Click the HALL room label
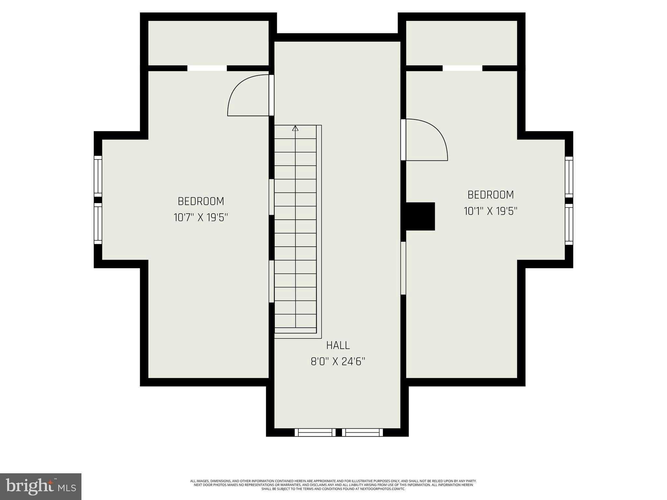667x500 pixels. [338, 345]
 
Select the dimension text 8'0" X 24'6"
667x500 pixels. [338, 362]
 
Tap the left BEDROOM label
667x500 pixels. [201, 201]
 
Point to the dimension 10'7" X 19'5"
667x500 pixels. [201, 217]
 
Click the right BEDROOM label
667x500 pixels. [490, 195]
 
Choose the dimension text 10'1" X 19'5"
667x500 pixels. [490, 211]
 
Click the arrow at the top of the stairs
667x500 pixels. [295, 128]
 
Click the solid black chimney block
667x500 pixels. [420, 216]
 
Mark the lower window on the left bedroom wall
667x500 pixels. [98, 223]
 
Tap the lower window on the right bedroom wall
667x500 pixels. [569, 224]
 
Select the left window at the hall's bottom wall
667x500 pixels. [315, 432]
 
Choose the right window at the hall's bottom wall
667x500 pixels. [362, 432]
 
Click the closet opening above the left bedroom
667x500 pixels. [207, 68]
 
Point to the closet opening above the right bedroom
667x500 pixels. [462, 68]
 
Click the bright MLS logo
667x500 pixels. [41, 486]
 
